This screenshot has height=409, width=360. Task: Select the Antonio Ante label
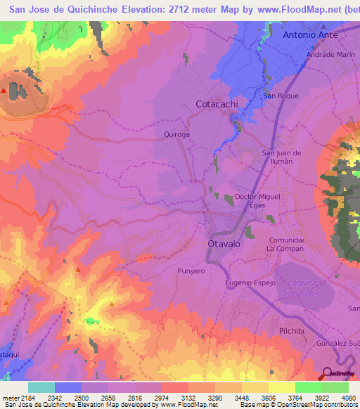310,34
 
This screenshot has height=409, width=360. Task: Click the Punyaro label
191,270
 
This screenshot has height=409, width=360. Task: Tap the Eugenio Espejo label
247,283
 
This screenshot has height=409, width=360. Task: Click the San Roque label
281,96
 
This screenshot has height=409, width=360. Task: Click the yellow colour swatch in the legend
282,387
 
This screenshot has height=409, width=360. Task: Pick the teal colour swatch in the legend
41,387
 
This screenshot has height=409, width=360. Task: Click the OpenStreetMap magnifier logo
327,374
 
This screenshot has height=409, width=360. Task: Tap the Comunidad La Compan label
285,244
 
